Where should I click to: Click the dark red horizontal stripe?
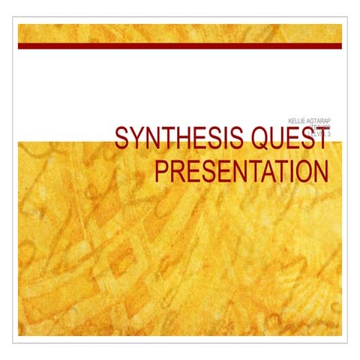click(180, 46)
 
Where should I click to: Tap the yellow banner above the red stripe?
click(180, 33)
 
